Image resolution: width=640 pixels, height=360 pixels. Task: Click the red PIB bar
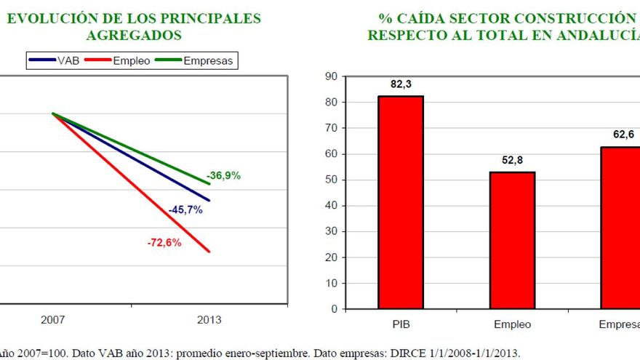401,202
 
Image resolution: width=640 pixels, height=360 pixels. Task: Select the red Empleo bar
512,240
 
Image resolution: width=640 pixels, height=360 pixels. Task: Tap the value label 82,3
400,85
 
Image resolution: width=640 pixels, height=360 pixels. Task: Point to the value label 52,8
512,161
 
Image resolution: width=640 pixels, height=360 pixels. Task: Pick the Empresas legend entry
208,61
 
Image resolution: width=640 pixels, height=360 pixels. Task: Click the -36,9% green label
223,175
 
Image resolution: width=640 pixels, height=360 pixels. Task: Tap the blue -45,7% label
185,209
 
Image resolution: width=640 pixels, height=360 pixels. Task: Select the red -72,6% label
164,243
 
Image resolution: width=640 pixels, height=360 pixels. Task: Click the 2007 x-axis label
53,320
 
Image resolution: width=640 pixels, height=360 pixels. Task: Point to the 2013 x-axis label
209,320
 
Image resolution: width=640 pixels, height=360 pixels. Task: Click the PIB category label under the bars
401,324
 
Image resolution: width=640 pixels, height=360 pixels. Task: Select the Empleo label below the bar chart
512,324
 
